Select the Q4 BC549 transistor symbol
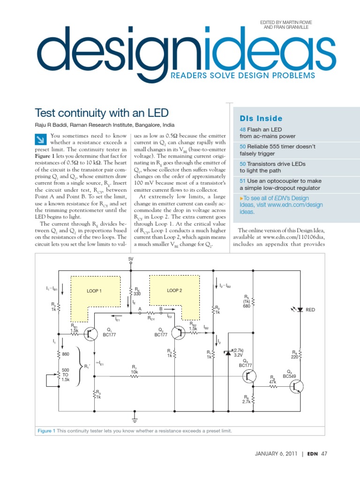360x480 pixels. point(296,386)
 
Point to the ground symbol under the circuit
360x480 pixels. point(135,414)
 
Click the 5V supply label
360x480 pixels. point(130,258)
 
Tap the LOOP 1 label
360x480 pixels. point(94,291)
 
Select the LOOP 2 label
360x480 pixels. point(174,291)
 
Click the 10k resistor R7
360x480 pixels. point(134,376)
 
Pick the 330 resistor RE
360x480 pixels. point(130,291)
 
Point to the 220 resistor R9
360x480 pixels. point(299,355)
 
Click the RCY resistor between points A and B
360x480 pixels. point(151,313)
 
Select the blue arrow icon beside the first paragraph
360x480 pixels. point(41,139)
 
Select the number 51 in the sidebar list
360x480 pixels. point(242,180)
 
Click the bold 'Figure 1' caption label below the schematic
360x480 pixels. point(47,431)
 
